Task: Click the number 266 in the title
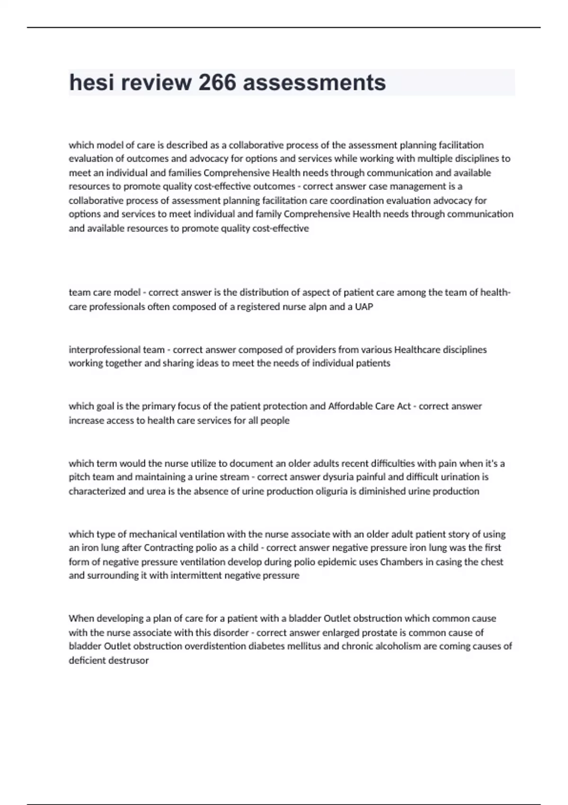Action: tap(217, 82)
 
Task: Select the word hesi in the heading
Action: tap(92, 82)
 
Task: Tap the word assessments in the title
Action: tap(314, 82)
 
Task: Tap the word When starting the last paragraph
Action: tap(81, 618)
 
